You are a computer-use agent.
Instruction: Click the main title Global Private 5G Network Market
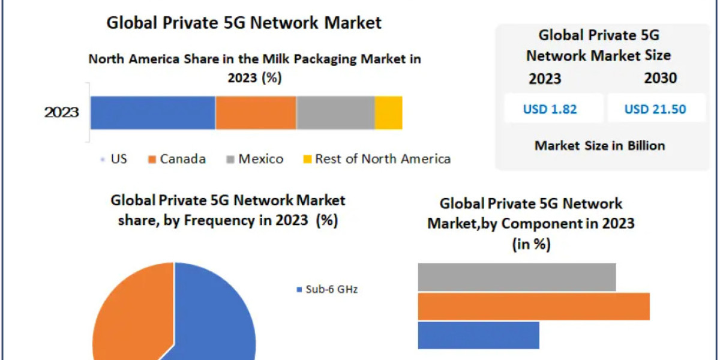[244, 23]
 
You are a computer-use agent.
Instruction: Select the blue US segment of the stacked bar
[152, 113]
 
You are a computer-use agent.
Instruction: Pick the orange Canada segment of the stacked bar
[256, 113]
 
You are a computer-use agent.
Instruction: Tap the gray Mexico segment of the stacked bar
[335, 113]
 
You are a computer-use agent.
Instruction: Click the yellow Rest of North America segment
[388, 113]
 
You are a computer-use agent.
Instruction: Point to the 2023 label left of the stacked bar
[61, 113]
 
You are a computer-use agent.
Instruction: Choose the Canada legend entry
[177, 159]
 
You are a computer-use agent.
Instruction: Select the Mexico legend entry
[254, 159]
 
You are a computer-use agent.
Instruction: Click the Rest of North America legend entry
[376, 159]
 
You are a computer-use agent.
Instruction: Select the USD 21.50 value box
[655, 109]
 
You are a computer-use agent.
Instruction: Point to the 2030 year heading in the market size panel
[660, 79]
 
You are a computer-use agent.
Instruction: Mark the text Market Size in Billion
[599, 145]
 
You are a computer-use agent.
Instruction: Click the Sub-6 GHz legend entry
[328, 290]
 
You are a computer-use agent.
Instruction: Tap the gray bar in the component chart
[517, 277]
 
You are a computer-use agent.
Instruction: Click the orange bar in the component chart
[533, 306]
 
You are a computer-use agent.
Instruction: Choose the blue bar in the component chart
[478, 335]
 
